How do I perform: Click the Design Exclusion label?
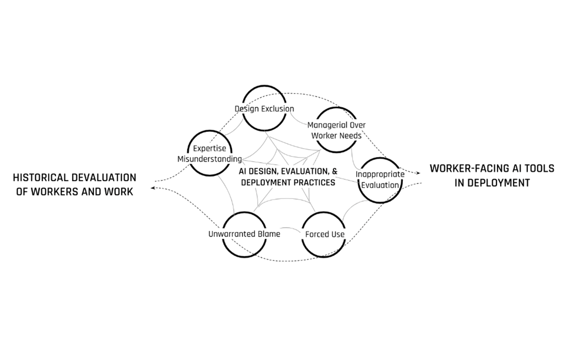[264, 109]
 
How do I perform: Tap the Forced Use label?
[325, 234]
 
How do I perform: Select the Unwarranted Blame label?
[244, 234]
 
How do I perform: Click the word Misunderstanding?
[210, 159]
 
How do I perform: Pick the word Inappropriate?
[380, 174]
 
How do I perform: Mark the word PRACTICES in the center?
[313, 183]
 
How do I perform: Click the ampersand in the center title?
[334, 172]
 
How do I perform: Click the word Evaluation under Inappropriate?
[380, 185]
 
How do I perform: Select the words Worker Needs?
[336, 135]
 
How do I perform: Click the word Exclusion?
[277, 109]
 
